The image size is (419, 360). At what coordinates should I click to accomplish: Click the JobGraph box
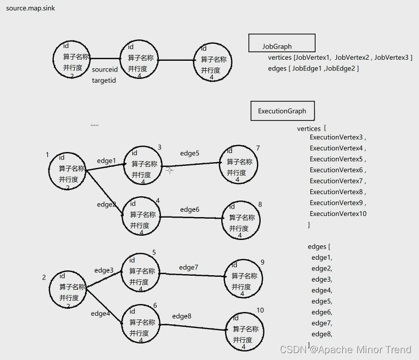pyautogui.click(x=281, y=43)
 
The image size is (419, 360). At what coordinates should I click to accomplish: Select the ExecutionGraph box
pyautogui.click(x=282, y=111)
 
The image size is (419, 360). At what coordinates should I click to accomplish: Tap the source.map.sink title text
pyautogui.click(x=30, y=9)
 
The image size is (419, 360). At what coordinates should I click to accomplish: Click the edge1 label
pyautogui.click(x=106, y=161)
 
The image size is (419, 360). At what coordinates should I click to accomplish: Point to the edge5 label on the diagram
pyautogui.click(x=189, y=154)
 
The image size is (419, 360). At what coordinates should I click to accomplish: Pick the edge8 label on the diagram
pyautogui.click(x=181, y=316)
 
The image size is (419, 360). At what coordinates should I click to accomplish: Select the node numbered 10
pyautogui.click(x=245, y=331)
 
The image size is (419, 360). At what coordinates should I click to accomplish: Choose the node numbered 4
pyautogui.click(x=141, y=216)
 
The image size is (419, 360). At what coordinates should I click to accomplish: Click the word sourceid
pyautogui.click(x=104, y=70)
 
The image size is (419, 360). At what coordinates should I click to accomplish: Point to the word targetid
pyautogui.click(x=103, y=81)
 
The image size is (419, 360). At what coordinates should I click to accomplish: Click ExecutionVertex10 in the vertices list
pyautogui.click(x=338, y=214)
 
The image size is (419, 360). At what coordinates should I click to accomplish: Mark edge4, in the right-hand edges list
pyautogui.click(x=321, y=291)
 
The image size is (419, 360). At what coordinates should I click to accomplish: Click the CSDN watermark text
pyautogui.click(x=345, y=349)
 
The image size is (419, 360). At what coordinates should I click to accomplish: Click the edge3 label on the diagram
pyautogui.click(x=104, y=271)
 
